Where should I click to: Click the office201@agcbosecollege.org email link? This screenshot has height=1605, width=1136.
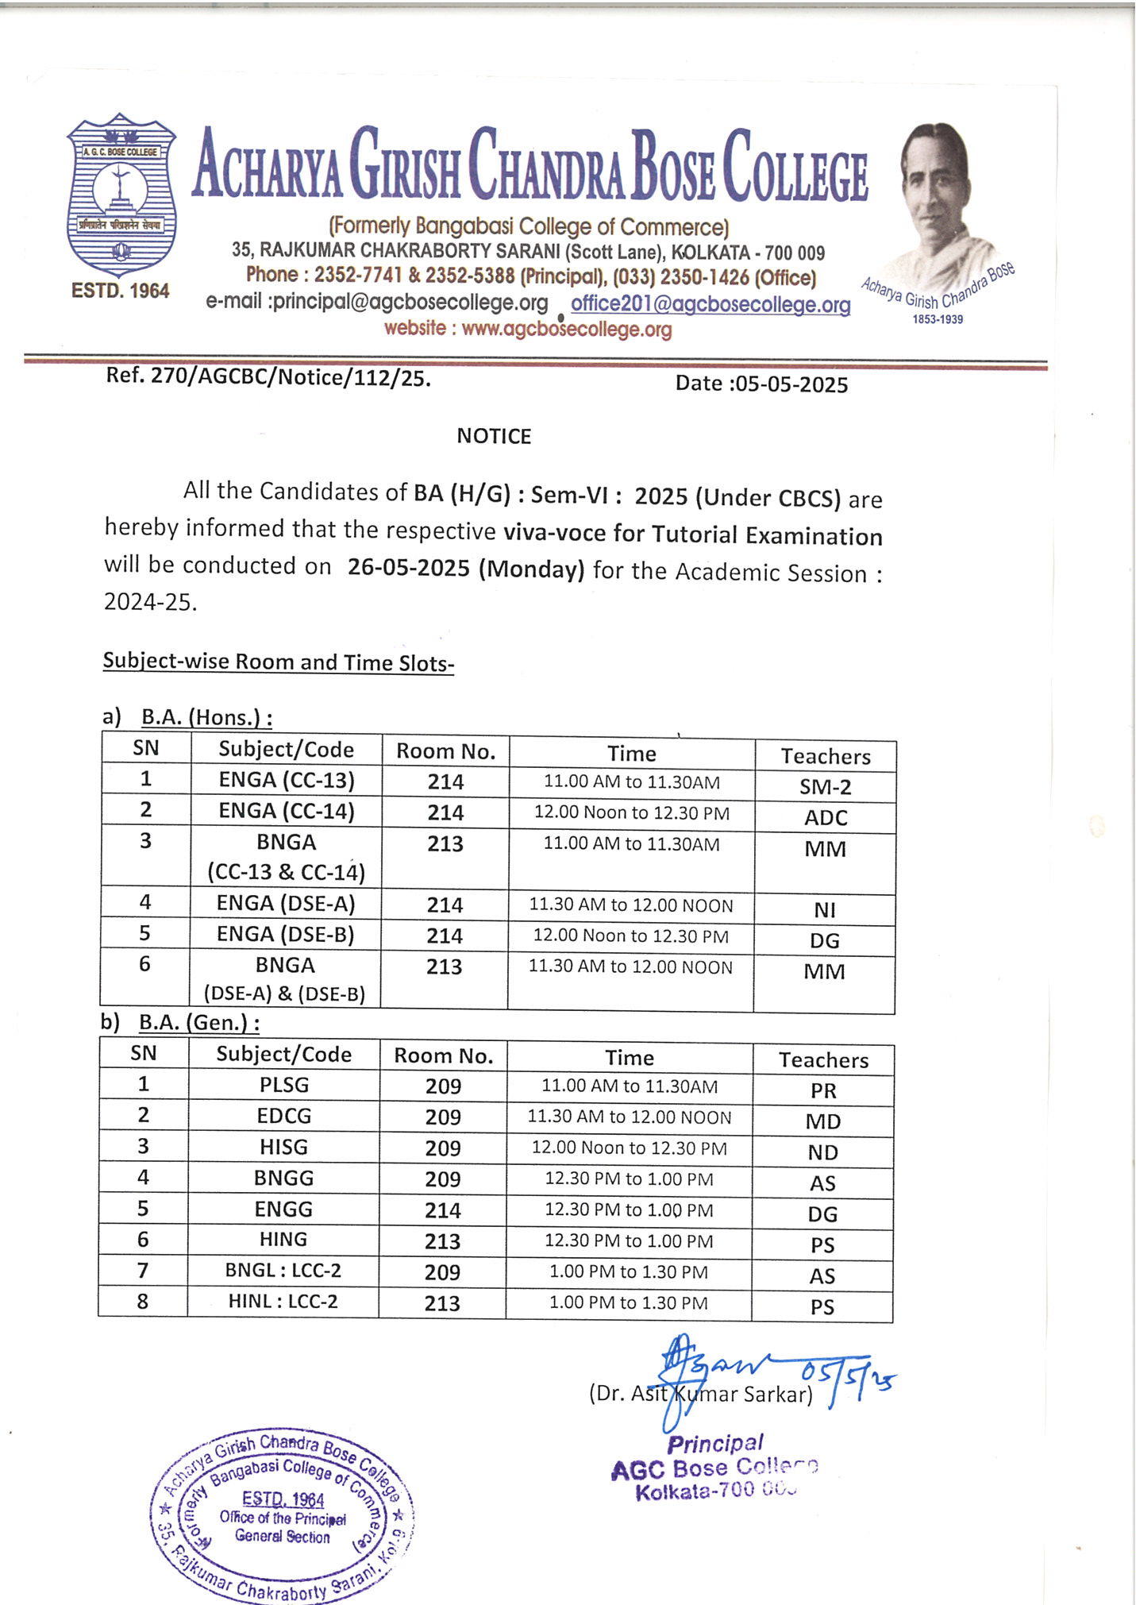710,304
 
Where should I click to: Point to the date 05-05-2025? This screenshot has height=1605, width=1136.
791,385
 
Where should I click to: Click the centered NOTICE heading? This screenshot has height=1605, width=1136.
494,436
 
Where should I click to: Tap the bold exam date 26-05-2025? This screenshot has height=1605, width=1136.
408,569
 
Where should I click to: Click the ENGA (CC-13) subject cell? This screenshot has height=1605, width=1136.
286,780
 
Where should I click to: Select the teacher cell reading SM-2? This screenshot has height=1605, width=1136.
825,787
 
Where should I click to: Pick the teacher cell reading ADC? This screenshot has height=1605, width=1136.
826,818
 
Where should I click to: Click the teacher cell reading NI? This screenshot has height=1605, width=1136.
825,910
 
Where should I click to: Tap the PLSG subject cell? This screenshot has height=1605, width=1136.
284,1085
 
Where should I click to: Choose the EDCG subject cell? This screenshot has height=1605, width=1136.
284,1116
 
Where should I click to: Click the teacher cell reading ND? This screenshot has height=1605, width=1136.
823,1152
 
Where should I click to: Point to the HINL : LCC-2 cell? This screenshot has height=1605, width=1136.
283,1301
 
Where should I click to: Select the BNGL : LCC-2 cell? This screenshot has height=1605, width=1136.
283,1271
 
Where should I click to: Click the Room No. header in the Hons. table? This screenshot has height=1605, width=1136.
445,751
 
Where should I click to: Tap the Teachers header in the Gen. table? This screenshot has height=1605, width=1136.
823,1060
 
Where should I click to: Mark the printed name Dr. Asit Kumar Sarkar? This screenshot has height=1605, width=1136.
700,1394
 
